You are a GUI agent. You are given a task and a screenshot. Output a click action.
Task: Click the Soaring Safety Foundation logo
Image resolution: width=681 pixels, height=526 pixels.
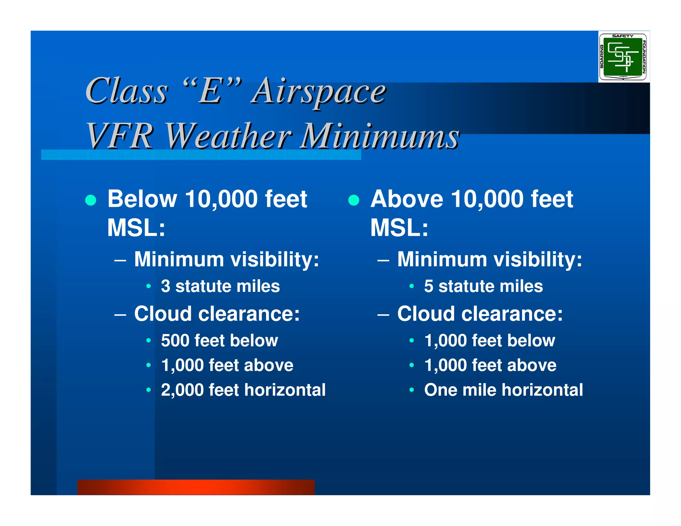point(623,57)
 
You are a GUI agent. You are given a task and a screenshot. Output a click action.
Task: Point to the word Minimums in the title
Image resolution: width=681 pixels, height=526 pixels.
point(379,136)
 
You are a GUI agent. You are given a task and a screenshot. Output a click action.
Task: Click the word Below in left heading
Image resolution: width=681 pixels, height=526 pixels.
point(142,199)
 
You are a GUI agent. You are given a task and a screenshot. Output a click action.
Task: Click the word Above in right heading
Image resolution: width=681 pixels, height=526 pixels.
point(407,199)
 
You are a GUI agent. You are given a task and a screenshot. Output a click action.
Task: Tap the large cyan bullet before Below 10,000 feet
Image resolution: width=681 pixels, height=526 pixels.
point(91,200)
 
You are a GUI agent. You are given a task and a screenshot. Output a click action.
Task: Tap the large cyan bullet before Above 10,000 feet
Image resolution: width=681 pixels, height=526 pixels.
point(354,200)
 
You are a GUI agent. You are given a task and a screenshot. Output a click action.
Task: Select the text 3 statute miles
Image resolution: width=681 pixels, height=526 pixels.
point(220,286)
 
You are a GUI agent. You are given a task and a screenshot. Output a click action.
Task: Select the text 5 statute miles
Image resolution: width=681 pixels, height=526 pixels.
point(483,286)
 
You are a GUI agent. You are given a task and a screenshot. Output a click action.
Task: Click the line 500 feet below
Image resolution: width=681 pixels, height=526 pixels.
point(219,340)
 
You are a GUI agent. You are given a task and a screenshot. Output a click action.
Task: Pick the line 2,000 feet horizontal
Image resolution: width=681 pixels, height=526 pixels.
point(243,390)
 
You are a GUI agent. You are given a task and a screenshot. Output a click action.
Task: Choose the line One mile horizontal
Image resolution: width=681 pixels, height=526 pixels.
point(503,390)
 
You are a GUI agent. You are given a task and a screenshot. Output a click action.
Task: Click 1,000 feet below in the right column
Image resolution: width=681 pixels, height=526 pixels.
point(489,340)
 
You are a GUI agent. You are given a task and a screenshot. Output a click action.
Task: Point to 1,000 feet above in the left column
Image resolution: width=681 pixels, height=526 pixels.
point(227,365)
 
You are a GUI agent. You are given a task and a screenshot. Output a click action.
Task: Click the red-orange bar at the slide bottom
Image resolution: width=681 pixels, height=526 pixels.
point(196,487)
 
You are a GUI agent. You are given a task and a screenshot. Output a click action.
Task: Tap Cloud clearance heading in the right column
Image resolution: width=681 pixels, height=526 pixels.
point(480,314)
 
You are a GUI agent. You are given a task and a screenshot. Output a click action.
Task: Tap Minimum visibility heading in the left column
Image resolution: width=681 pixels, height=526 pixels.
point(226,259)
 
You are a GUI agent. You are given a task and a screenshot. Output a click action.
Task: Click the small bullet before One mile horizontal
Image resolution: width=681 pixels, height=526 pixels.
point(412,390)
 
